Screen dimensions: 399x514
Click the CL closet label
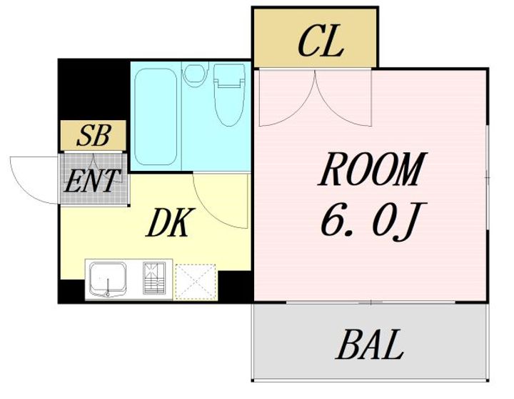[321, 42]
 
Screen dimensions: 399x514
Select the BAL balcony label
[370, 345]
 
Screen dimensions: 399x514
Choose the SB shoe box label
[93, 136]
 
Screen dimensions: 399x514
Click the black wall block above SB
[93, 89]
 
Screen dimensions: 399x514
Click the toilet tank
[230, 73]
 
